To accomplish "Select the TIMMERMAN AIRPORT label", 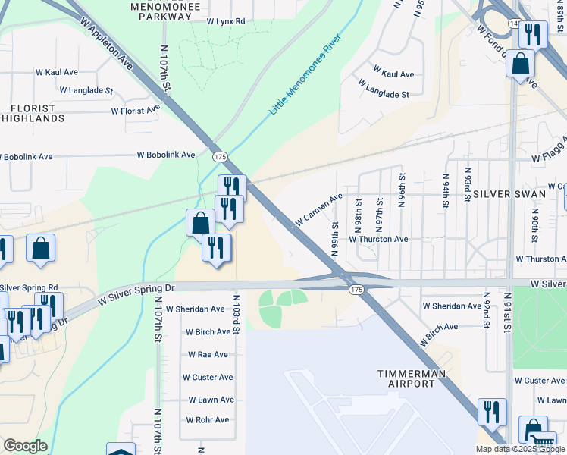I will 406,378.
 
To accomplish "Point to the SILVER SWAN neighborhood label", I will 509,194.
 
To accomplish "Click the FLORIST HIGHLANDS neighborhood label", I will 33,114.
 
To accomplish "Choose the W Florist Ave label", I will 136,110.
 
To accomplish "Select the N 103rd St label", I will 236,316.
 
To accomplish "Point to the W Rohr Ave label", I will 207,420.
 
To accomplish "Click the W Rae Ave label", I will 207,354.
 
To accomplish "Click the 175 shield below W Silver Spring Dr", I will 356,290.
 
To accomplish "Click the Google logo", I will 25,447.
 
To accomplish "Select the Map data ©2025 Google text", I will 520,449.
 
